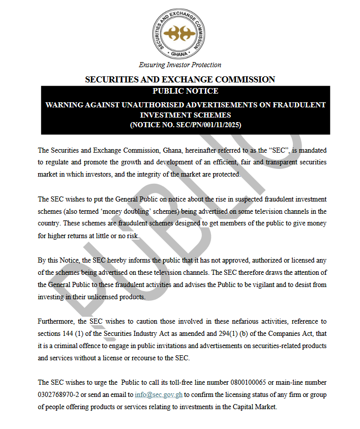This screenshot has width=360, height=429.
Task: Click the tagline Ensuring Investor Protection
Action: click(x=180, y=65)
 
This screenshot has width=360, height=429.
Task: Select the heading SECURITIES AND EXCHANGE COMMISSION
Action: click(x=180, y=79)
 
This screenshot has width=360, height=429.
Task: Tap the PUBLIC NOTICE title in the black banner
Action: click(x=185, y=91)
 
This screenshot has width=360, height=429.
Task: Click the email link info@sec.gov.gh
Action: click(x=158, y=395)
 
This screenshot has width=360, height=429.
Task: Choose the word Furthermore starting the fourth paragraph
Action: click(x=55, y=322)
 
